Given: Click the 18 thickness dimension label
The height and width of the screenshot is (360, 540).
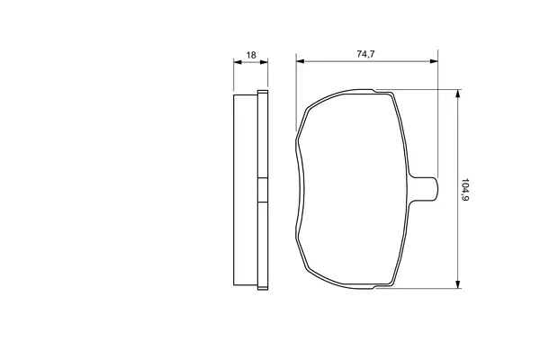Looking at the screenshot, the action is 251,55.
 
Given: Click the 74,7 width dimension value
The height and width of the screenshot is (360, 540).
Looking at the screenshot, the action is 365,54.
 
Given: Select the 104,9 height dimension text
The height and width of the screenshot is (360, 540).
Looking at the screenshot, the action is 465,190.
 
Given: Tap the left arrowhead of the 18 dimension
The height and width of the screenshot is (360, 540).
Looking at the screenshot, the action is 238,62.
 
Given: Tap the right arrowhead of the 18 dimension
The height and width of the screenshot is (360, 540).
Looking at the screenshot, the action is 264,62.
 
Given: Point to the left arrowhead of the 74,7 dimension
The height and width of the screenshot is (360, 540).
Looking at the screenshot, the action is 301,61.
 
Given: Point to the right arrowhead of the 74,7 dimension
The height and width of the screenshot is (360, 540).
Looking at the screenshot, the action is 434,61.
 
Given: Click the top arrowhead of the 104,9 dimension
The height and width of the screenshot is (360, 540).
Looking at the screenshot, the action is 458,94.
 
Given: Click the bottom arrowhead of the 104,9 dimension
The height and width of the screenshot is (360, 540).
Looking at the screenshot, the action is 458,283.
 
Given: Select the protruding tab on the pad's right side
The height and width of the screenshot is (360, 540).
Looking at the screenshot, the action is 424,189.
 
